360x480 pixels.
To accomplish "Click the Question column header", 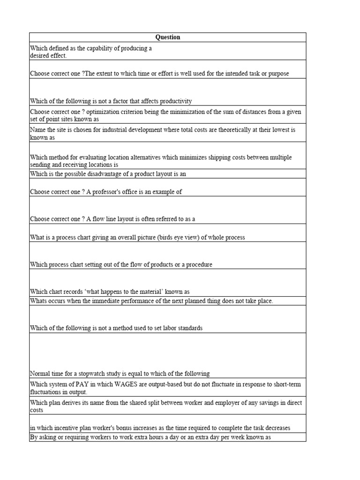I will (167, 37).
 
